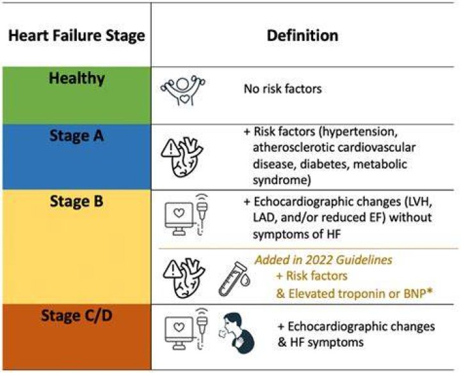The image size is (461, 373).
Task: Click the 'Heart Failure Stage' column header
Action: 77,36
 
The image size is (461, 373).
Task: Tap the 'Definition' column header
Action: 302,36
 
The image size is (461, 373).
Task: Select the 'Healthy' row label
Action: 77,79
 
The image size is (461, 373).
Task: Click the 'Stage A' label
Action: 77,136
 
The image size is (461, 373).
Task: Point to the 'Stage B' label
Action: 77,202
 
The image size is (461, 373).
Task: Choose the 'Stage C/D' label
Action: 77,315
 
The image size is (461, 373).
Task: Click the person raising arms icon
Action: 183,90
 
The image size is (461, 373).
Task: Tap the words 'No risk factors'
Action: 283,88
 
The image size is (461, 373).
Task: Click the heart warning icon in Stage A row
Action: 182,157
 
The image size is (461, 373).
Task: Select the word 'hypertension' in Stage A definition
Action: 358,132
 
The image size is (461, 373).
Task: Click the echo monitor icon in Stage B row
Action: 187,215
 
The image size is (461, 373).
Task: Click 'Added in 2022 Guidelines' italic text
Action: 323,260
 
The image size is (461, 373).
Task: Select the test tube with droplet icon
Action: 234,279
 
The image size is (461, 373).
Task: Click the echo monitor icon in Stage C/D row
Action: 187,329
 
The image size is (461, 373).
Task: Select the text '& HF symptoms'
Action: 321,342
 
